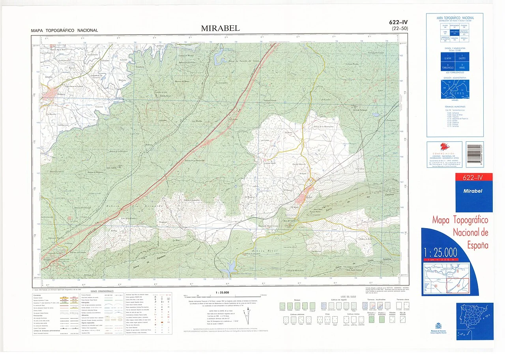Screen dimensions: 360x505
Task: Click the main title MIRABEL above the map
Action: click(220, 28)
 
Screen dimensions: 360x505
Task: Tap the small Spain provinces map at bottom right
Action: click(475, 321)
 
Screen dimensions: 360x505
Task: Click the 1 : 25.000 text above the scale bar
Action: click(220, 292)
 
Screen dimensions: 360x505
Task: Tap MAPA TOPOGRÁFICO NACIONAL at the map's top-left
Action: click(64, 30)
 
